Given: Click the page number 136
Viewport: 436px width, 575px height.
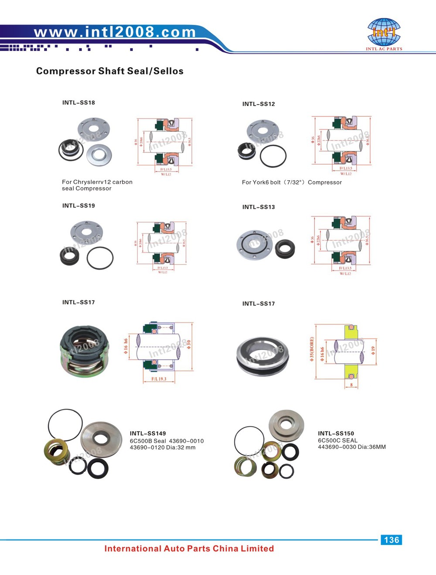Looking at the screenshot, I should [391, 540].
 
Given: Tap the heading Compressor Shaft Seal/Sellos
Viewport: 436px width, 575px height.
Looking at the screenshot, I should [110, 71].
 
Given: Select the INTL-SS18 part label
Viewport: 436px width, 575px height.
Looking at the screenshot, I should [78, 103].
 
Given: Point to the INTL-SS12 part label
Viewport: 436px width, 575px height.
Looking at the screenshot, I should [259, 104].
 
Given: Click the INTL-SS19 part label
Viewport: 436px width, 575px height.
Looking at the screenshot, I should [78, 206].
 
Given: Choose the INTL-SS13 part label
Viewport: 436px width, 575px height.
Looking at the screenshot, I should [259, 207].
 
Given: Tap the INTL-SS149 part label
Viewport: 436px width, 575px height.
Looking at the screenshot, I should [148, 433].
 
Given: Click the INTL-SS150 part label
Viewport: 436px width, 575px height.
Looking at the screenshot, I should [336, 433].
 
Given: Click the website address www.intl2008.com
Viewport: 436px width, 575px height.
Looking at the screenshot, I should [115, 32].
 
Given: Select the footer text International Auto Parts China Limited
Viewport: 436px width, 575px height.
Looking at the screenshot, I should [189, 548].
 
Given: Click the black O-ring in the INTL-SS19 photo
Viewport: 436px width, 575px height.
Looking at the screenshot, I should [100, 258].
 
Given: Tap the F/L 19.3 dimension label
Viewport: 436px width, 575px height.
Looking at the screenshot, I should [159, 379].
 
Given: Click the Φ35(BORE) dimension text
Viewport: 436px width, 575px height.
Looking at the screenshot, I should [312, 349].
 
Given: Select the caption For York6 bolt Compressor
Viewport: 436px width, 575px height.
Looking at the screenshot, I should [292, 183].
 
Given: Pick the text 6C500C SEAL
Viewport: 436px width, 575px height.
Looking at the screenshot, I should [337, 440].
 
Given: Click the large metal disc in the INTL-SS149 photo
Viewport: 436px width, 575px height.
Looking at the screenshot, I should [101, 439].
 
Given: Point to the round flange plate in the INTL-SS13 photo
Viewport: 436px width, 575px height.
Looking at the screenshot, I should [255, 245].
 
